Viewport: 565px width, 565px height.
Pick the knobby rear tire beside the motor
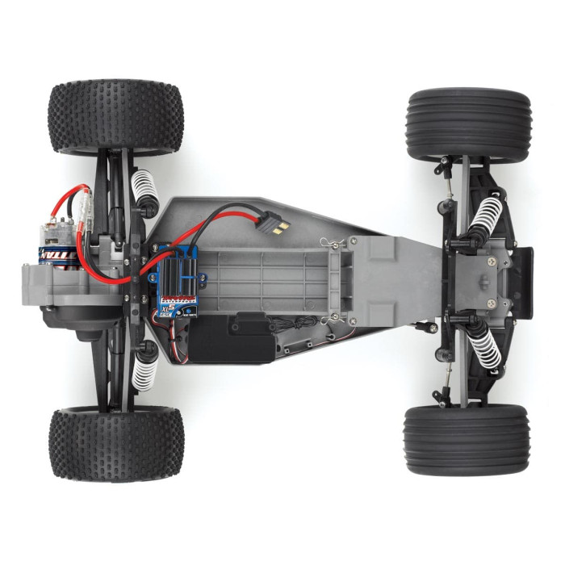point(116,117)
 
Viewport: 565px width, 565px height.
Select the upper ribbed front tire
point(468,124)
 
